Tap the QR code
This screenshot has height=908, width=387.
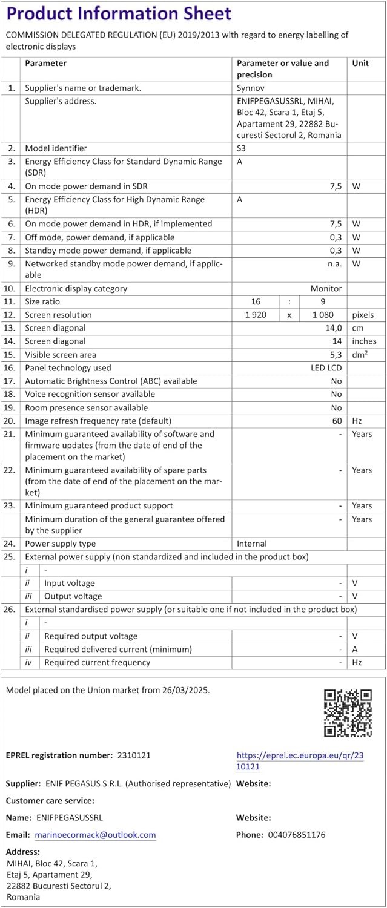(348, 712)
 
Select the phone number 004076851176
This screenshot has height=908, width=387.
(294, 835)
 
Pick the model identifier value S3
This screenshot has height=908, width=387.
(242, 148)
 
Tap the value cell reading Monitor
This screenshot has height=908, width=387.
(326, 289)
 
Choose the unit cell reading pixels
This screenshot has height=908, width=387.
(363, 315)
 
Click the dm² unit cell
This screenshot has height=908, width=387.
(360, 355)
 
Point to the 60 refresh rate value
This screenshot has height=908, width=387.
(336, 421)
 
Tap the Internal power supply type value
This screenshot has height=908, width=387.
(251, 544)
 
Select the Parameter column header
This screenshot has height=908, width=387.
(45, 63)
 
